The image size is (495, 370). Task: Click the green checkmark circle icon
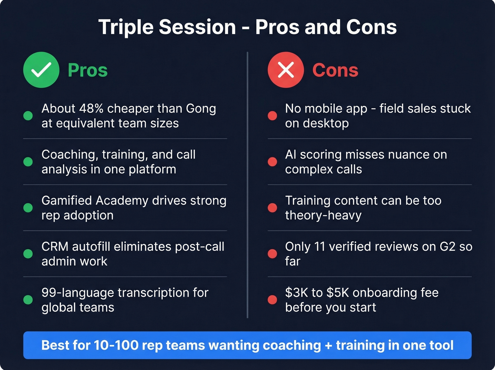pyautogui.click(x=41, y=70)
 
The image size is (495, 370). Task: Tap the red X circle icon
pyautogui.click(x=286, y=70)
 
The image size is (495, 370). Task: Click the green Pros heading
pyautogui.click(x=88, y=70)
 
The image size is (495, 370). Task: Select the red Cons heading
pyautogui.click(x=335, y=70)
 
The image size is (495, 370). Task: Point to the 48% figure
pyautogui.click(x=91, y=108)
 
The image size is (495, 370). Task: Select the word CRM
pyautogui.click(x=55, y=246)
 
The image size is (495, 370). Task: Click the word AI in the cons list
pyautogui.click(x=291, y=154)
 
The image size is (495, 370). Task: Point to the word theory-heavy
pyautogui.click(x=323, y=215)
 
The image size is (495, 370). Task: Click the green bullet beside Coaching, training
pyautogui.click(x=28, y=162)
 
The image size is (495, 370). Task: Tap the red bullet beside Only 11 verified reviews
pyautogui.click(x=272, y=254)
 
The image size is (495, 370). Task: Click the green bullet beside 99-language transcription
pyautogui.click(x=28, y=300)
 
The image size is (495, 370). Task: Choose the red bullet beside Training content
pyautogui.click(x=272, y=208)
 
